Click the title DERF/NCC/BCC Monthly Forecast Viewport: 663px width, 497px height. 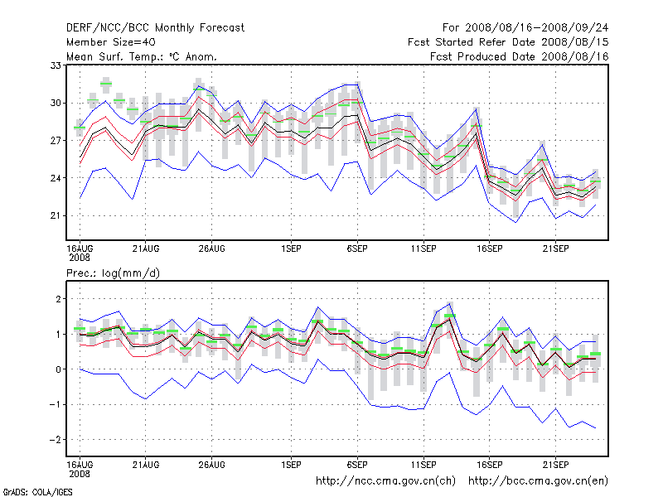click(155, 28)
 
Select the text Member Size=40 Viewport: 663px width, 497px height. click(111, 42)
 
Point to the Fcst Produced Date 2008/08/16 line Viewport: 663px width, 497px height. click(520, 56)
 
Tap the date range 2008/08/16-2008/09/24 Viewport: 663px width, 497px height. click(536, 28)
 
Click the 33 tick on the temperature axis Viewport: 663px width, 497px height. click(56, 65)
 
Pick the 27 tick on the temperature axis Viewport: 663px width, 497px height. click(56, 140)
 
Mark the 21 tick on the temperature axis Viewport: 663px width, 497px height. click(56, 215)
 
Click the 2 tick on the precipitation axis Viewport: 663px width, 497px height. click(58, 299)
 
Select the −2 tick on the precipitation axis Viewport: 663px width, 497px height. click(55, 440)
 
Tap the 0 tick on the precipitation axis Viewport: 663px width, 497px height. click(58, 369)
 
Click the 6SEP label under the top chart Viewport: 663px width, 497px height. click(357, 249)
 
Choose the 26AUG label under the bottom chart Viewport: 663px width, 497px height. click(212, 465)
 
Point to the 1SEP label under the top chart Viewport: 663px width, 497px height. click(292, 249)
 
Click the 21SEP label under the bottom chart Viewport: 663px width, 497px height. click(555, 465)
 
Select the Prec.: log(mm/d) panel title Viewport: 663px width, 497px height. click(113, 273)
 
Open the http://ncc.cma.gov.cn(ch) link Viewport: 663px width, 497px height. click(385, 481)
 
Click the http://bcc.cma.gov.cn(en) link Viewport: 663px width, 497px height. click(538, 481)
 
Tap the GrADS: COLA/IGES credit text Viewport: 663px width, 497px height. click(37, 492)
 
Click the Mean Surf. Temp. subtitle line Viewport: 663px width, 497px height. click(142, 56)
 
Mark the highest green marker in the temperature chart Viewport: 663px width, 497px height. click(106, 84)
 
